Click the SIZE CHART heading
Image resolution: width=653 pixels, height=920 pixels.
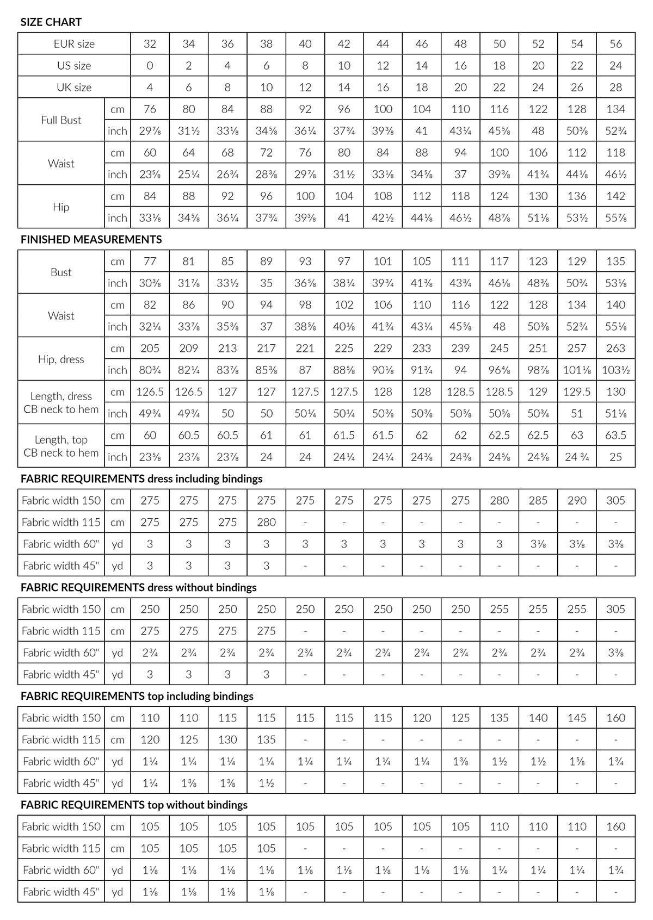51,22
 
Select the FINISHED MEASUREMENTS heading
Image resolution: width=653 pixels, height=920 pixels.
91,239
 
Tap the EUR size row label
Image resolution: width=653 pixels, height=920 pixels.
74,44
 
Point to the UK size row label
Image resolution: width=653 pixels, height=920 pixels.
74,88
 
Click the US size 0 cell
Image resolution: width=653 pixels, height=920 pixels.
150,66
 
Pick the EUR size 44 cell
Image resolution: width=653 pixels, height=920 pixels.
383,44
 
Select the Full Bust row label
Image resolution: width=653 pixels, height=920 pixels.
61,120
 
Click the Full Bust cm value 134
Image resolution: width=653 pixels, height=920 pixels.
615,109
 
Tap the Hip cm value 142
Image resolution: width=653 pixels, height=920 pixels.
615,196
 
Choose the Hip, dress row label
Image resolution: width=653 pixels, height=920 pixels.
61,359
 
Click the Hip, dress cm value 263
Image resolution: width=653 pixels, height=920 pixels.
615,349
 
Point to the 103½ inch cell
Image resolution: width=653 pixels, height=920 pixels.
615,370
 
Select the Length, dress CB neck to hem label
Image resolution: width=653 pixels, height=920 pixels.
61,403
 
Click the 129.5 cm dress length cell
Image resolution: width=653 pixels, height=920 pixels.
577,392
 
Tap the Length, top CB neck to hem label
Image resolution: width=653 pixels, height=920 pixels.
61,446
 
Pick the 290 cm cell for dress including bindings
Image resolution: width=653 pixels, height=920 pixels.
577,501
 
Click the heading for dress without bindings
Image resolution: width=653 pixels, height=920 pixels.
139,588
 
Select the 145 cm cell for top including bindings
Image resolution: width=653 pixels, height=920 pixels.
577,718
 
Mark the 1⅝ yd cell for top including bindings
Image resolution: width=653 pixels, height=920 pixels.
577,762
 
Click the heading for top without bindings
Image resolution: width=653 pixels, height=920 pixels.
134,805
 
